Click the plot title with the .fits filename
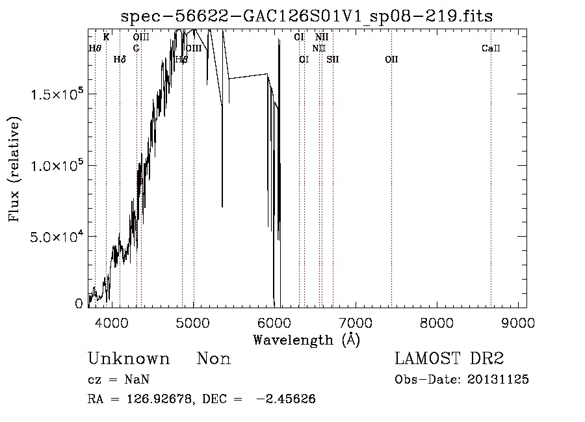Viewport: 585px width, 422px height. pyautogui.click(x=307, y=18)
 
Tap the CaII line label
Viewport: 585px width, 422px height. pyautogui.click(x=491, y=48)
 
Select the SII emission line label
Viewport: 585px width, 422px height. pyautogui.click(x=333, y=59)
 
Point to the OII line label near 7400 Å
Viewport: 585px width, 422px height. pyautogui.click(x=391, y=59)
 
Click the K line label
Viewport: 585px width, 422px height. pyautogui.click(x=106, y=37)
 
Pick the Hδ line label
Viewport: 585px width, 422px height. pyautogui.click(x=120, y=59)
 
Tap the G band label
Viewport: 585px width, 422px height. pyautogui.click(x=136, y=48)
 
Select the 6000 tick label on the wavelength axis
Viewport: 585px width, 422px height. pyautogui.click(x=274, y=322)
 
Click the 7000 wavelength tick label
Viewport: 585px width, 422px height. pyautogui.click(x=356, y=322)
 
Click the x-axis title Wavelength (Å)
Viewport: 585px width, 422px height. pyautogui.click(x=306, y=339)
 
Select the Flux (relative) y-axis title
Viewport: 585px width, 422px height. pyautogui.click(x=15, y=170)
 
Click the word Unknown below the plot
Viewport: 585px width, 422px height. pyautogui.click(x=129, y=359)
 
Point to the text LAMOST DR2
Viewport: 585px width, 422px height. pyautogui.click(x=449, y=359)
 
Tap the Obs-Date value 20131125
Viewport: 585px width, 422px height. pyautogui.click(x=499, y=380)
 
